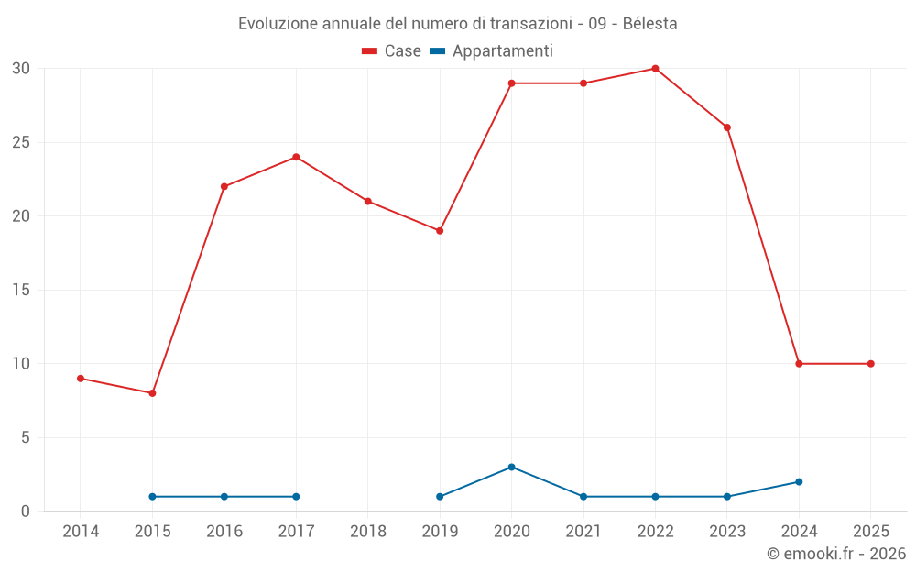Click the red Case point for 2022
tap(655, 69)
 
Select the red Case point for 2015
tap(152, 393)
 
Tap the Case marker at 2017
tap(296, 157)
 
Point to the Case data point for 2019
tap(440, 231)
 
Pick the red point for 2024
tap(799, 364)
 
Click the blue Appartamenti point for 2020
tap(511, 467)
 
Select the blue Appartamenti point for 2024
tap(799, 481)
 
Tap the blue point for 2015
tap(152, 496)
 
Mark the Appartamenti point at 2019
tap(440, 496)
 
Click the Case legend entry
tap(392, 51)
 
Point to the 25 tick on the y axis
tap(21, 143)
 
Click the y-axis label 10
tap(21, 364)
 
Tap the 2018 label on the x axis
tap(368, 532)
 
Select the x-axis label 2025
tap(871, 532)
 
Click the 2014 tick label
tap(81, 532)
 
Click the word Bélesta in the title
tap(649, 24)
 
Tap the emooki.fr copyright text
tap(836, 554)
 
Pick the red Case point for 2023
tap(727, 127)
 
